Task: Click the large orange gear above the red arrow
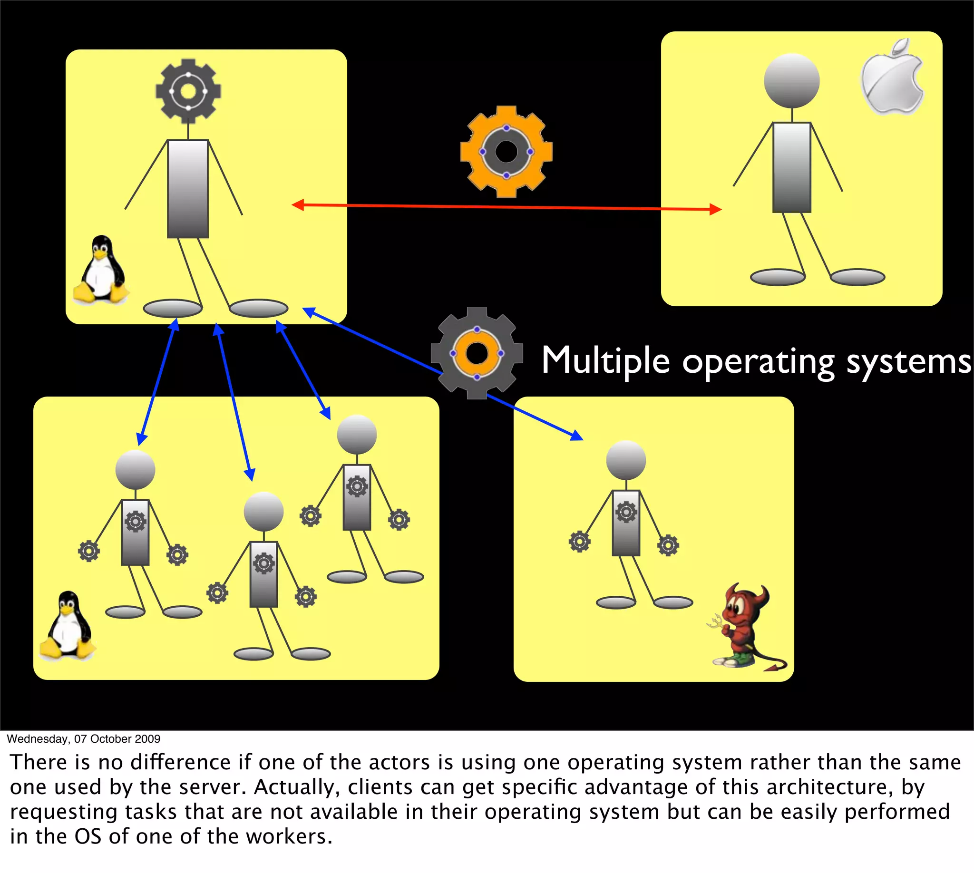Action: [x=506, y=152]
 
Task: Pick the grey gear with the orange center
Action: [x=477, y=353]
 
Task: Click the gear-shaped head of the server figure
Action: [x=188, y=91]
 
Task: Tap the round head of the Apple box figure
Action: [x=792, y=80]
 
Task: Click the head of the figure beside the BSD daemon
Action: [x=626, y=460]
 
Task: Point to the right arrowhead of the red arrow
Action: [x=715, y=209]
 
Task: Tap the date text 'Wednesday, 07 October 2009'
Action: [x=84, y=739]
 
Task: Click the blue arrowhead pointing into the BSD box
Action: [x=577, y=436]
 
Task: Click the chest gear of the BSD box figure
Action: [x=626, y=512]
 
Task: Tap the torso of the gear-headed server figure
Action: [x=187, y=189]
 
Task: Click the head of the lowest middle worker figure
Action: [x=263, y=511]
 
